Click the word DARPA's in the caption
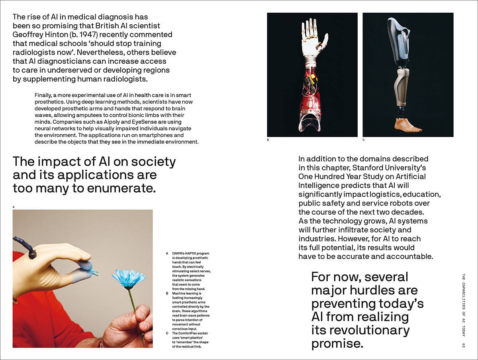pos(180,253)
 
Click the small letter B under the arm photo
pos(268,140)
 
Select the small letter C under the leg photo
pos(364,140)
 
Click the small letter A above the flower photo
pos(14,207)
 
